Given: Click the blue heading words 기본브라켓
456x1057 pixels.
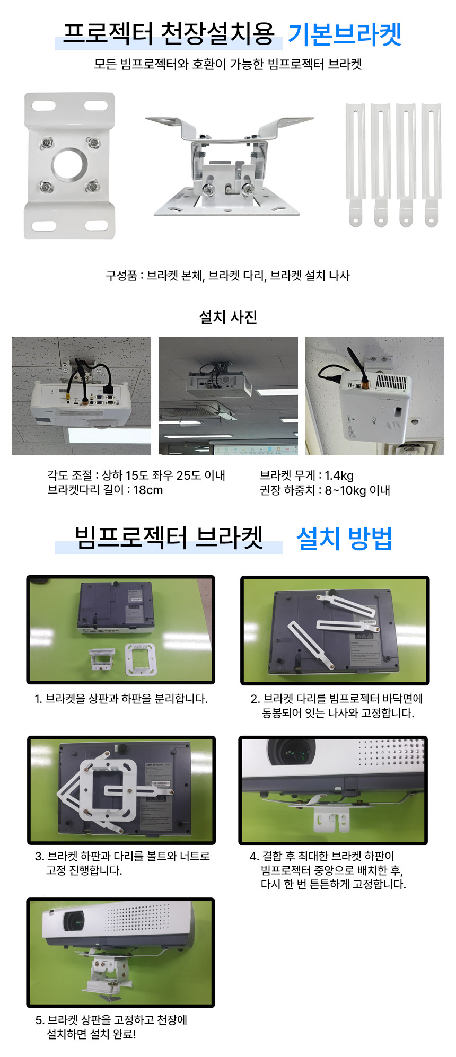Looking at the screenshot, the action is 344,35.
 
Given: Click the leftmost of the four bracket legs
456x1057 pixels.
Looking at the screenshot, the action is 355,165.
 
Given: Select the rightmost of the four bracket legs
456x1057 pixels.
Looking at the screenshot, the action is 431,165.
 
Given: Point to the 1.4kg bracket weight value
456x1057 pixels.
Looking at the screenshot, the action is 339,476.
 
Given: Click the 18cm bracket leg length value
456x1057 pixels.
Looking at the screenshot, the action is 148,490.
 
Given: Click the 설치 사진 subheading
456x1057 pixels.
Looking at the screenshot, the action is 228,317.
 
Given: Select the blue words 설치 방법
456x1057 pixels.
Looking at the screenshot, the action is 344,539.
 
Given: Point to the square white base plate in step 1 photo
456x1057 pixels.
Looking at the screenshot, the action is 141,659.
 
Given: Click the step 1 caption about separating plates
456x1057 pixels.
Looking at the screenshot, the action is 121,699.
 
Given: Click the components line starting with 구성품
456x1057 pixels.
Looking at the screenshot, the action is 228,276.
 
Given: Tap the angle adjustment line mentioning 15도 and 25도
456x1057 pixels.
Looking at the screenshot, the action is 136,475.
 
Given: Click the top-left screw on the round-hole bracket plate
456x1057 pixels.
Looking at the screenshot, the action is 47,143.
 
